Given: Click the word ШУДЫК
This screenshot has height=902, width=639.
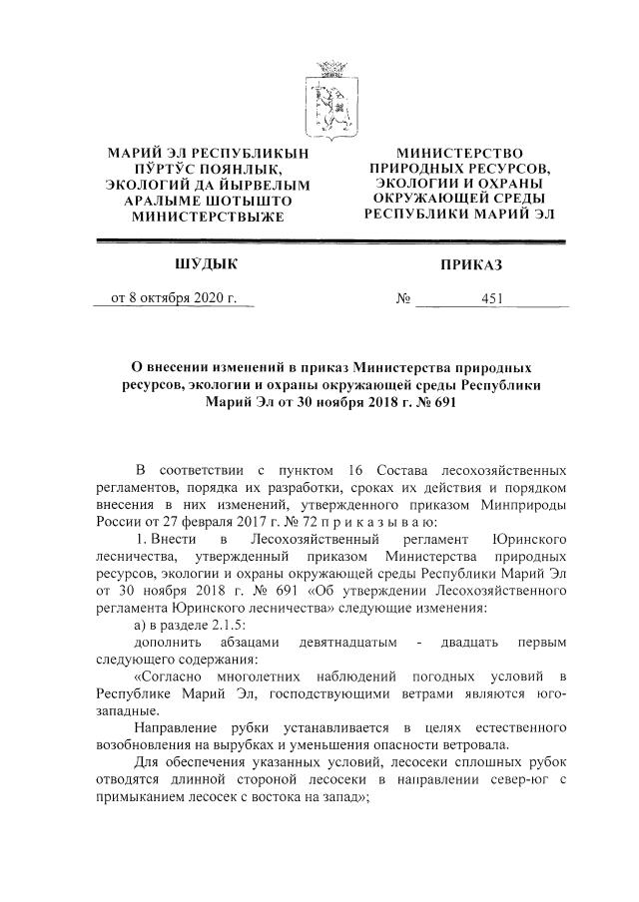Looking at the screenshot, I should tap(207, 263).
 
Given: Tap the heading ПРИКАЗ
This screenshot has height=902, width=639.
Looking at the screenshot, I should tap(470, 264).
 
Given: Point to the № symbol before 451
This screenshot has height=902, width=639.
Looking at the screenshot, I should tap(404, 297).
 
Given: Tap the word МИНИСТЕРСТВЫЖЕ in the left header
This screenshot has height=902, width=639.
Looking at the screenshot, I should tap(207, 217).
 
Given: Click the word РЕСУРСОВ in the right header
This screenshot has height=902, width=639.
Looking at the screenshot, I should tap(503, 169).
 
